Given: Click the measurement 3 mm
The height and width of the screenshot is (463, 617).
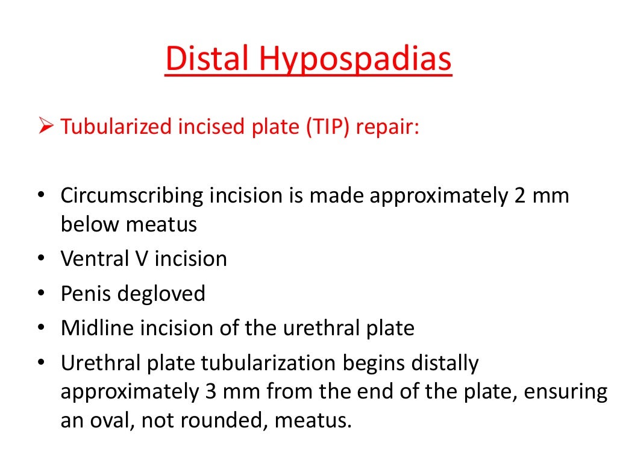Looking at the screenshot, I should pos(230,392).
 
